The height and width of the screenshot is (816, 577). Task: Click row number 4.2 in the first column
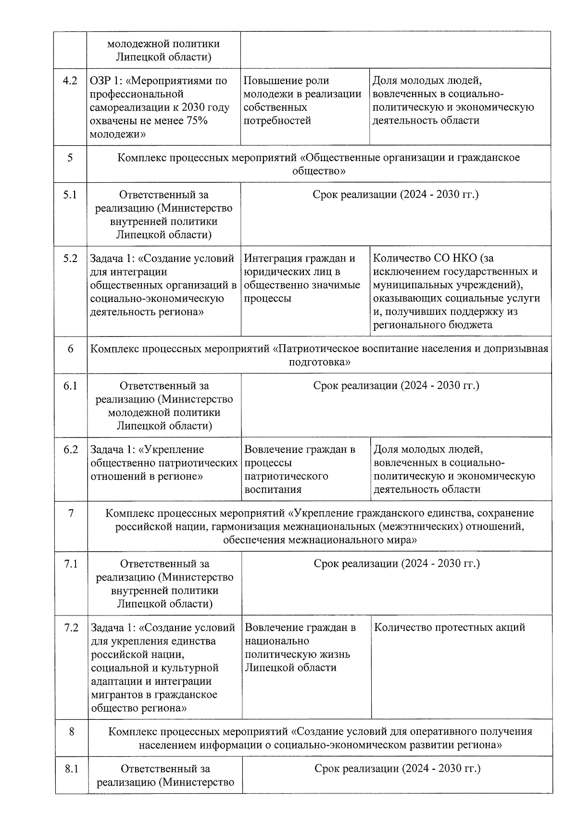70,81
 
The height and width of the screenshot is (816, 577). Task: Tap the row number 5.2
70,259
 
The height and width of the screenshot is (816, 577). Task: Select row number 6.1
71,386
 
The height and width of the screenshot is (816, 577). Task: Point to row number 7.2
71,628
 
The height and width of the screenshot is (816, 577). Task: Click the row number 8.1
72,769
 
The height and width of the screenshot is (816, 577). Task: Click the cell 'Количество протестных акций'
449,628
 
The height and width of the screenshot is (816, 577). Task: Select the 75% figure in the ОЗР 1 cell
196,121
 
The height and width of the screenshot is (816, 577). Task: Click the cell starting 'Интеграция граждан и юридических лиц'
304,279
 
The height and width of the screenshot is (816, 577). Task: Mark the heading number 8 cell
72,732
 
